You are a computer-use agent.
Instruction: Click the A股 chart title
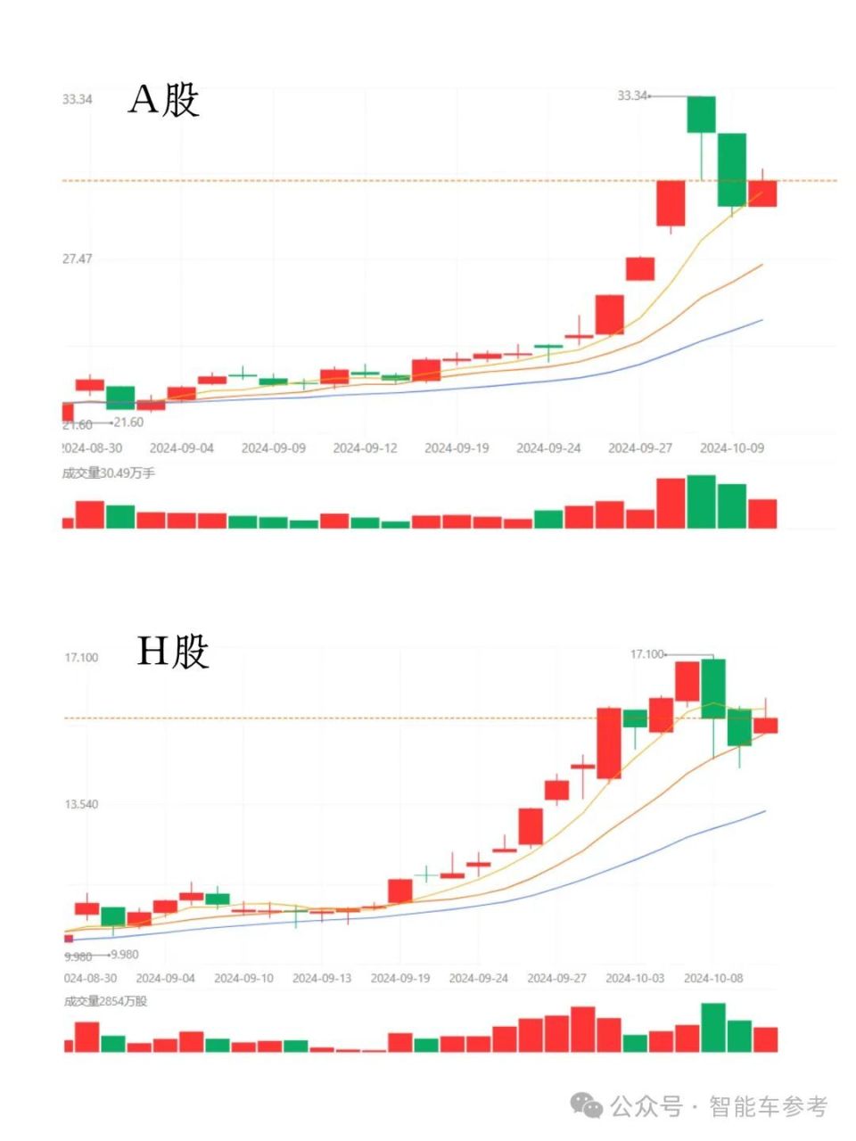coord(164,99)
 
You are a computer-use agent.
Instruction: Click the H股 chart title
coord(173,652)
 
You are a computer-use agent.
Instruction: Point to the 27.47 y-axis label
coord(77,259)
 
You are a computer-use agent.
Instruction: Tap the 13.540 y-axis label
coord(81,804)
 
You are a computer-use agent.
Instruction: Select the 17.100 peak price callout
coord(647,654)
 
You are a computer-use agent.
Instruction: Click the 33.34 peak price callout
coord(632,95)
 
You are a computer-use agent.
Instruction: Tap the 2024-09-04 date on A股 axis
coord(181,447)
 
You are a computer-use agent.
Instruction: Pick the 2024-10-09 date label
coord(731,447)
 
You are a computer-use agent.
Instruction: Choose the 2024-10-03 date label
coord(635,978)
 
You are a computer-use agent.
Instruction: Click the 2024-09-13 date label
coord(322,978)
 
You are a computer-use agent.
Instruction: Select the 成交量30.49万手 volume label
coord(109,472)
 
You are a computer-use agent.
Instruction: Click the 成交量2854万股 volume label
coord(106,1001)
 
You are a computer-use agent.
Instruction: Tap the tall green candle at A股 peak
coord(701,114)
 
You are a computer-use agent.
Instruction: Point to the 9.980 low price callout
coord(124,954)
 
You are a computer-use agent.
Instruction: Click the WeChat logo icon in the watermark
coord(587,1106)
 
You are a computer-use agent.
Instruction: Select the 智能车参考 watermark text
coord(769,1106)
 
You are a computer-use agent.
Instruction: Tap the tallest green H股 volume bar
coord(713,1027)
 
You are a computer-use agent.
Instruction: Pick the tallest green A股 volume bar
coord(701,501)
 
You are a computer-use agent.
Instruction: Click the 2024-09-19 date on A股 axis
coord(457,447)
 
